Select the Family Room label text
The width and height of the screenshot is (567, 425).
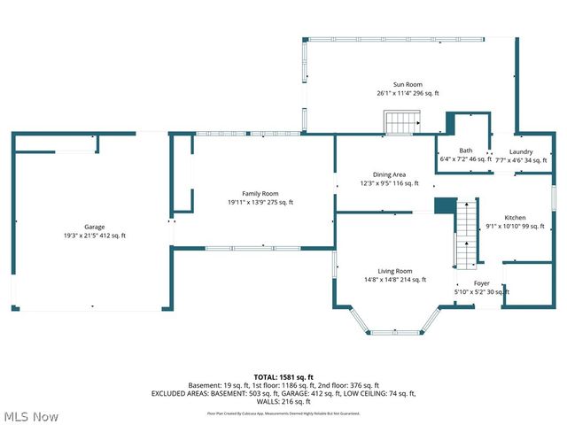[260, 193]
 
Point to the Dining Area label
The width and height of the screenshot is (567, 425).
[389, 174]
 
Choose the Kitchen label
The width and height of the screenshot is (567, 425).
[515, 218]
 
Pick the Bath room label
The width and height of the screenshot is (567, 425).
[465, 151]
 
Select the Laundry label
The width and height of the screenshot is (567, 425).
[520, 151]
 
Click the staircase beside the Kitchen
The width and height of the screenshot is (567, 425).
[466, 234]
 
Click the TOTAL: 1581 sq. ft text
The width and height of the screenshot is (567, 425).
[283, 376]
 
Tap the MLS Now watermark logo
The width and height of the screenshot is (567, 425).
[32, 416]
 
